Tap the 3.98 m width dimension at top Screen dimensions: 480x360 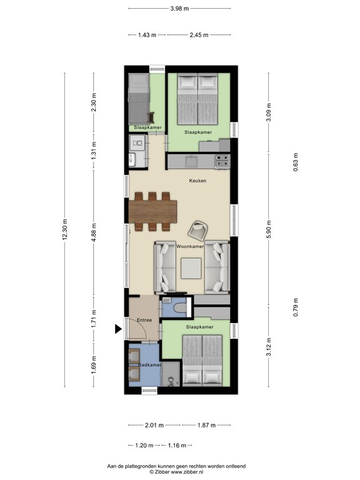(x=179, y=8)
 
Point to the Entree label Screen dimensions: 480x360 (x=144, y=320)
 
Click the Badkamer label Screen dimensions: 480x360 (x=150, y=364)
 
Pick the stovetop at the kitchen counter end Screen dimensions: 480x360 (x=222, y=162)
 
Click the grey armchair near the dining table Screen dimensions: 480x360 (x=198, y=230)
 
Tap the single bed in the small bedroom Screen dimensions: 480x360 (x=137, y=99)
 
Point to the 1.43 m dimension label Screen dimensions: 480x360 (x=146, y=35)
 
